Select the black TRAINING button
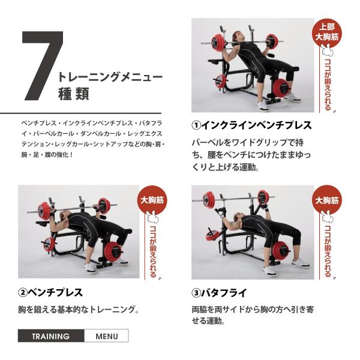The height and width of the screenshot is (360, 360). [x=51, y=336]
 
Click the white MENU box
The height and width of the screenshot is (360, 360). [x=107, y=336]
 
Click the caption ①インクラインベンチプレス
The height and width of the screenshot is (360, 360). [x=251, y=125]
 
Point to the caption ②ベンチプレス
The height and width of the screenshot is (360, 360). [x=50, y=293]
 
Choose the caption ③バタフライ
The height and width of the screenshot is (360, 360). [x=220, y=293]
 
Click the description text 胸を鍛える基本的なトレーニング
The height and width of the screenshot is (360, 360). [x=79, y=310]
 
